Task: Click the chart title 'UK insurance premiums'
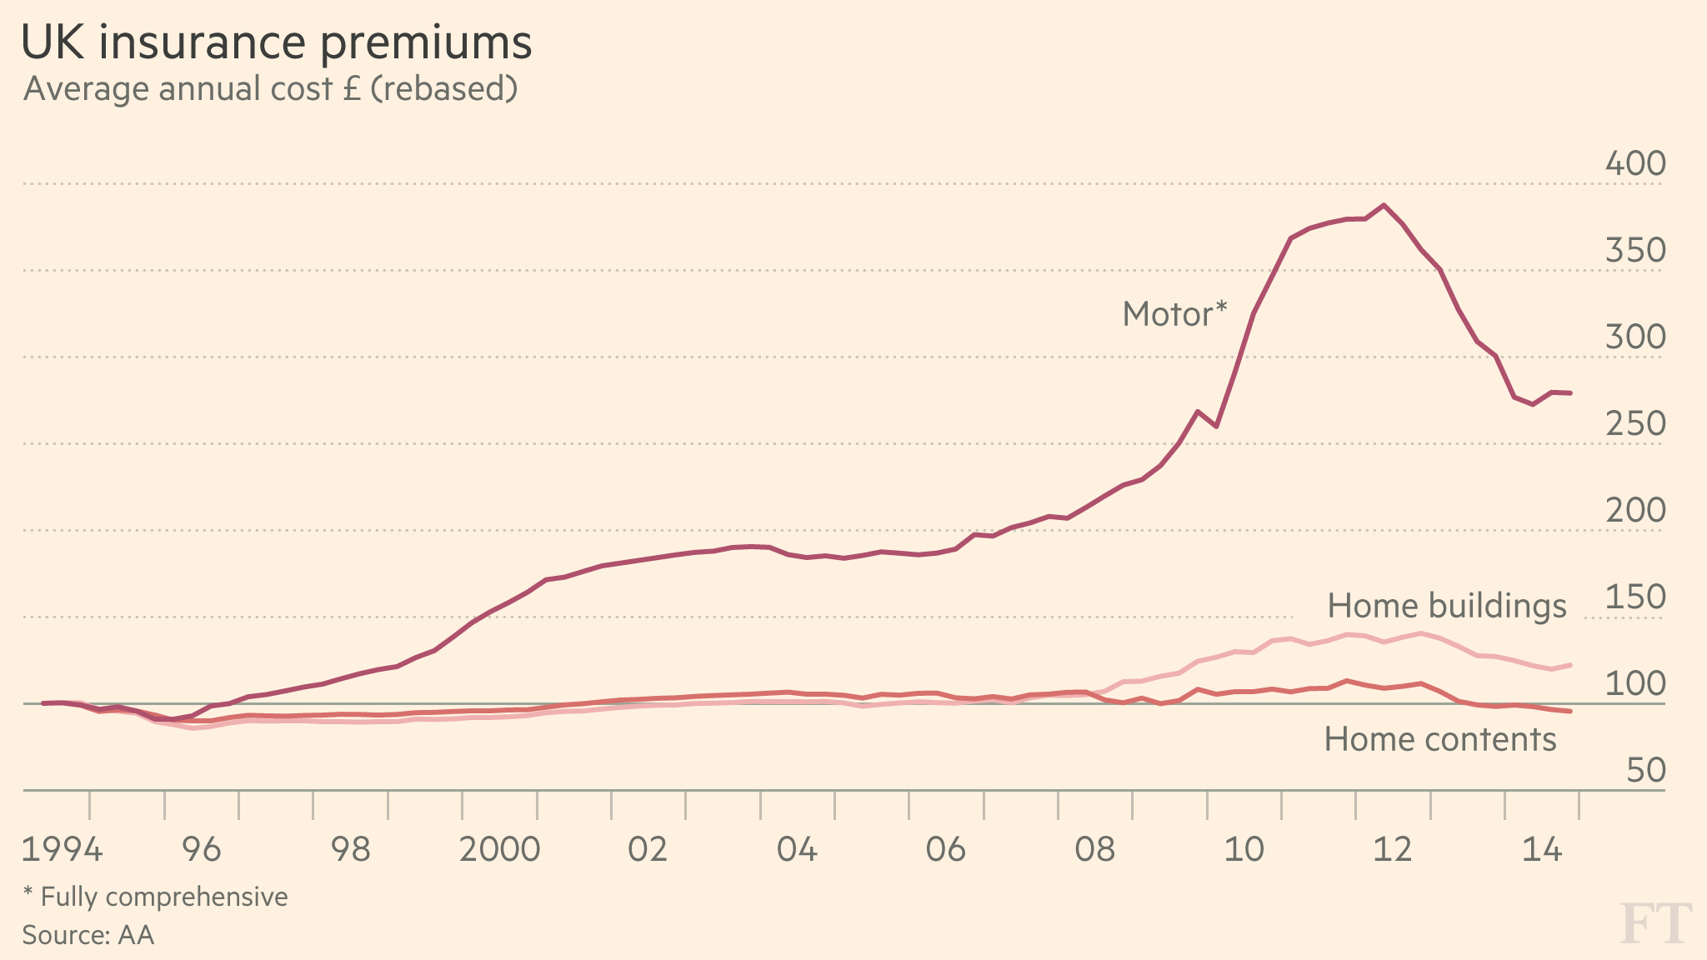tap(276, 42)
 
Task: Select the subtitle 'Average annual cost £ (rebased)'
tap(270, 88)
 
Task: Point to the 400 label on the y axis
tap(1634, 163)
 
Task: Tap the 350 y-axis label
tap(1634, 250)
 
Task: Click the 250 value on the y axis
tap(1634, 423)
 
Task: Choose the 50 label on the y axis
tap(1645, 770)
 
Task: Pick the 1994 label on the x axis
tap(62, 849)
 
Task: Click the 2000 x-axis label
tap(499, 849)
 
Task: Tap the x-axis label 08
tap(1094, 849)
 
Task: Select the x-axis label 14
tap(1541, 849)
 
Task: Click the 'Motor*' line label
tap(1174, 314)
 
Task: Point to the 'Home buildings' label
tap(1446, 606)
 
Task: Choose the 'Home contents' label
tap(1439, 739)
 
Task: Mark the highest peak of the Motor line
tap(1384, 205)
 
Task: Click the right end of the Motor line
tap(1570, 392)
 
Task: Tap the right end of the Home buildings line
tap(1570, 665)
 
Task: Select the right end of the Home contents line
tap(1570, 711)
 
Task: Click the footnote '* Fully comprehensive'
tap(155, 897)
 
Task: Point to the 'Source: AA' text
tap(88, 935)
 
